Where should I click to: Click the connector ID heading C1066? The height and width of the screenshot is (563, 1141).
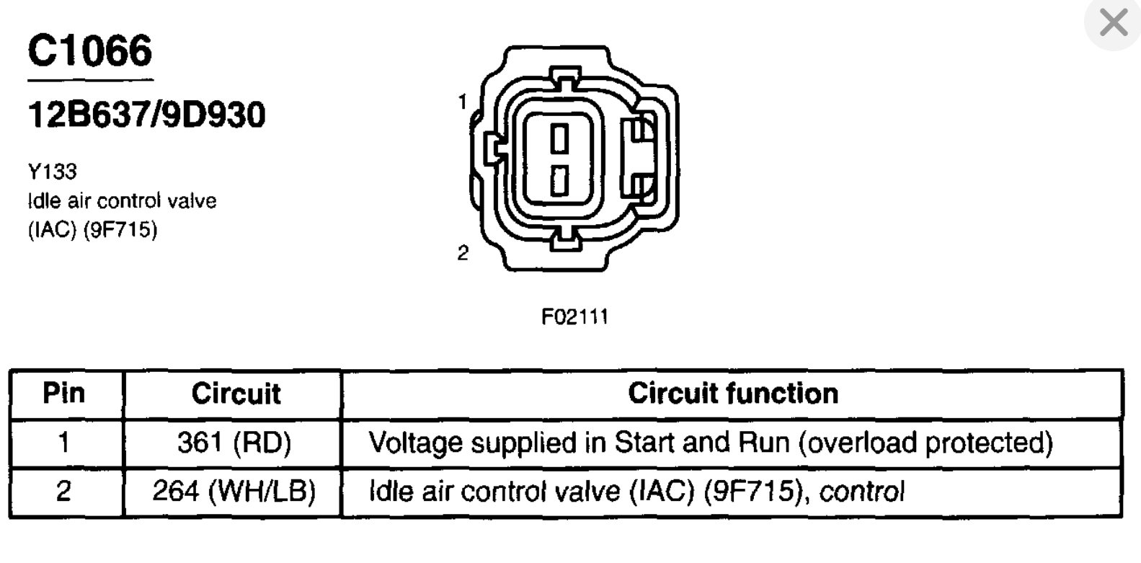point(90,51)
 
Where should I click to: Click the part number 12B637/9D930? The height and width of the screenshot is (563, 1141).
point(146,115)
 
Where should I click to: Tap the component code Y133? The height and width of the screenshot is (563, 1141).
point(52,172)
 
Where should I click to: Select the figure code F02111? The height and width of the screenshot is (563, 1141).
point(574,316)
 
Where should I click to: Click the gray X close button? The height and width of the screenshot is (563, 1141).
point(1114,24)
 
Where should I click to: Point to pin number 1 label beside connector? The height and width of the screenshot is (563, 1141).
point(463,102)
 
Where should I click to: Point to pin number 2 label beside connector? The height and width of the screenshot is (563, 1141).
point(463,253)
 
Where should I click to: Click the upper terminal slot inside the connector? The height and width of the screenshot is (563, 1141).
point(560,138)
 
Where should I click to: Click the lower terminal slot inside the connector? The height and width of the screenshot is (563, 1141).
point(560,180)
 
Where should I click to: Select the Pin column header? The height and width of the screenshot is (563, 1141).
point(64,394)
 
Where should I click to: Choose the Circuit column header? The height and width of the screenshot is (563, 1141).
point(236,394)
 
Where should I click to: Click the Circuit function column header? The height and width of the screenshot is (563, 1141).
point(733,394)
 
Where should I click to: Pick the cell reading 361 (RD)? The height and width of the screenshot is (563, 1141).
point(234,443)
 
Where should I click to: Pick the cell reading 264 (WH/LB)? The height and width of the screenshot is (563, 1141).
point(234,492)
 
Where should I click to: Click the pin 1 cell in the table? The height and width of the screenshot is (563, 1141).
point(64,443)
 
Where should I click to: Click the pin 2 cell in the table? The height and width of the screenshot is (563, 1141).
point(64,492)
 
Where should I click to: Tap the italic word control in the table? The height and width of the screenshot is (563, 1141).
point(861,492)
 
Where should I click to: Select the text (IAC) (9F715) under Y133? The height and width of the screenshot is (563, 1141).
point(92,230)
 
